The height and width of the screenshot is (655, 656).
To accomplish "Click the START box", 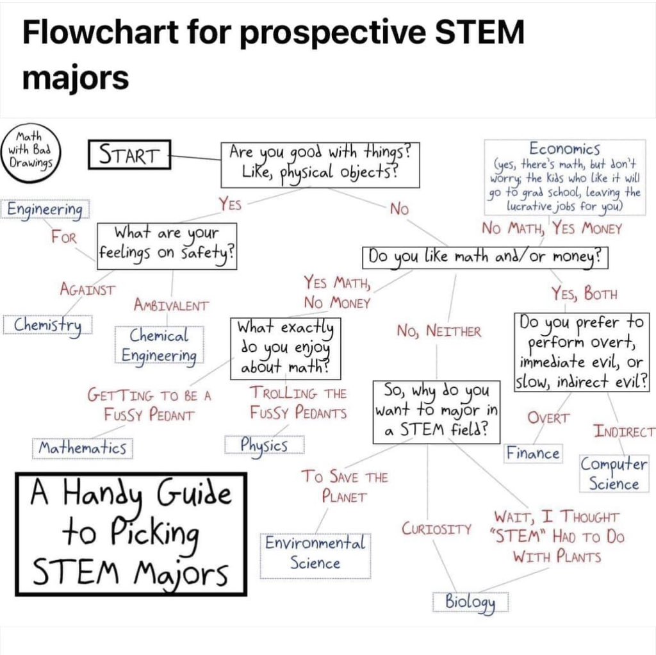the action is [129, 154].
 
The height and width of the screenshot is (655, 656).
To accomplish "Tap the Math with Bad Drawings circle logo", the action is [31, 151].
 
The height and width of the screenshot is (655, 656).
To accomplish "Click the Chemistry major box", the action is [48, 324].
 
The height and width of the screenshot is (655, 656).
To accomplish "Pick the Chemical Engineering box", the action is [160, 345].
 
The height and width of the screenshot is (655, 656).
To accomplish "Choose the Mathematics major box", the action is [83, 447].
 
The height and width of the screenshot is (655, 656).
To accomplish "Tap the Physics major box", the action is [264, 444].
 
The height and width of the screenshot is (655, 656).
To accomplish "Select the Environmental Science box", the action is [315, 553].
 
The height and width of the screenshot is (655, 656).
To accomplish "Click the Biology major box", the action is [471, 602].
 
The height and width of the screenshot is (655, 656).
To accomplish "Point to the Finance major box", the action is [533, 453].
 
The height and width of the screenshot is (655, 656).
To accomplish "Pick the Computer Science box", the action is [614, 474].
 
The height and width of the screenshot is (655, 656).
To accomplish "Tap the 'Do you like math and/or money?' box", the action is [484, 258].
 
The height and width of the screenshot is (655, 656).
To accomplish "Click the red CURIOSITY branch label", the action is [438, 529].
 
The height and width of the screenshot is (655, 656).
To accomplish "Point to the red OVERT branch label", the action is [548, 417].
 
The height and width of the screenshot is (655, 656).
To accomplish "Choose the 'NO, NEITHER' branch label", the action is [439, 331].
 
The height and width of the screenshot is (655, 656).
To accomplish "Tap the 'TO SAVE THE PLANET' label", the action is [345, 486].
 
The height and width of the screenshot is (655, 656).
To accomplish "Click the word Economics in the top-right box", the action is [565, 148].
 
